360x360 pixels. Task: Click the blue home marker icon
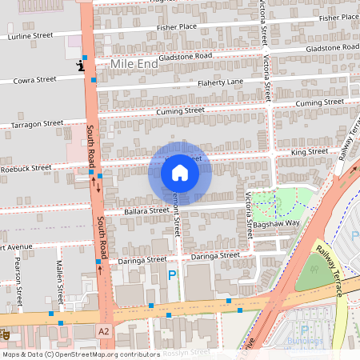tap(180, 172)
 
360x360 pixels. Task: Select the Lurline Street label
tap(30, 36)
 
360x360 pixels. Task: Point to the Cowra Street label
tap(34, 80)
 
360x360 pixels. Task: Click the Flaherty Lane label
tap(220, 82)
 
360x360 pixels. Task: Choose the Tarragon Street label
tap(36, 124)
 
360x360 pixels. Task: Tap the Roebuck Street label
tap(26, 168)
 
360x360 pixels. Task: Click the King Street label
tap(310, 151)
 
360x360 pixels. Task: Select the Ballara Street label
tap(122, 212)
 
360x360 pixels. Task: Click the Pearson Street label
tap(18, 286)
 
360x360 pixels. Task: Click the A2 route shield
tap(103, 330)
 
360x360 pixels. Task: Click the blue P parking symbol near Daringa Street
tap(172, 275)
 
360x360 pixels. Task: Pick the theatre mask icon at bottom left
tap(4, 331)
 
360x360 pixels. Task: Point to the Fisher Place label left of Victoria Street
tap(177, 26)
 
